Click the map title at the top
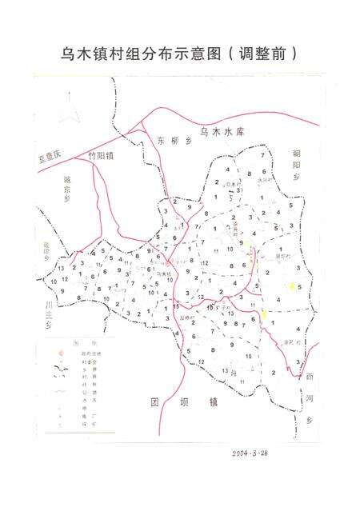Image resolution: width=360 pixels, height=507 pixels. click(180, 54)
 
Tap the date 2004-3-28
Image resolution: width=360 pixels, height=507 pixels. click(255, 453)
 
